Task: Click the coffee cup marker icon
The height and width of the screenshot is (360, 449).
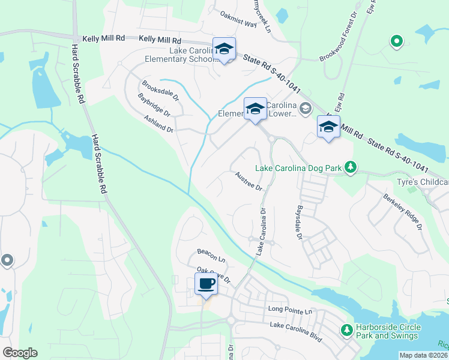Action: pos(206,284)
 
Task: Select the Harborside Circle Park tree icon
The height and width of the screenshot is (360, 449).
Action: pos(346,329)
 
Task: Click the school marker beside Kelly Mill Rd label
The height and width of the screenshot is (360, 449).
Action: pos(224,49)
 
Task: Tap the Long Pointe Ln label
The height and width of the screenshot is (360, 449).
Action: pos(291,311)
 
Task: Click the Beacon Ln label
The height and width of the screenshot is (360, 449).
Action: pos(211,259)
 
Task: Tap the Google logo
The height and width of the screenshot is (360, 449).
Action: pos(20,353)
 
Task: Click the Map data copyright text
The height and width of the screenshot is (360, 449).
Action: pos(423,355)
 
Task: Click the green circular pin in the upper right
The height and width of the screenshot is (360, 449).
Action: pos(396,41)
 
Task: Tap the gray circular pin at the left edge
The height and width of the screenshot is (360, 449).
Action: pos(7,260)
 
